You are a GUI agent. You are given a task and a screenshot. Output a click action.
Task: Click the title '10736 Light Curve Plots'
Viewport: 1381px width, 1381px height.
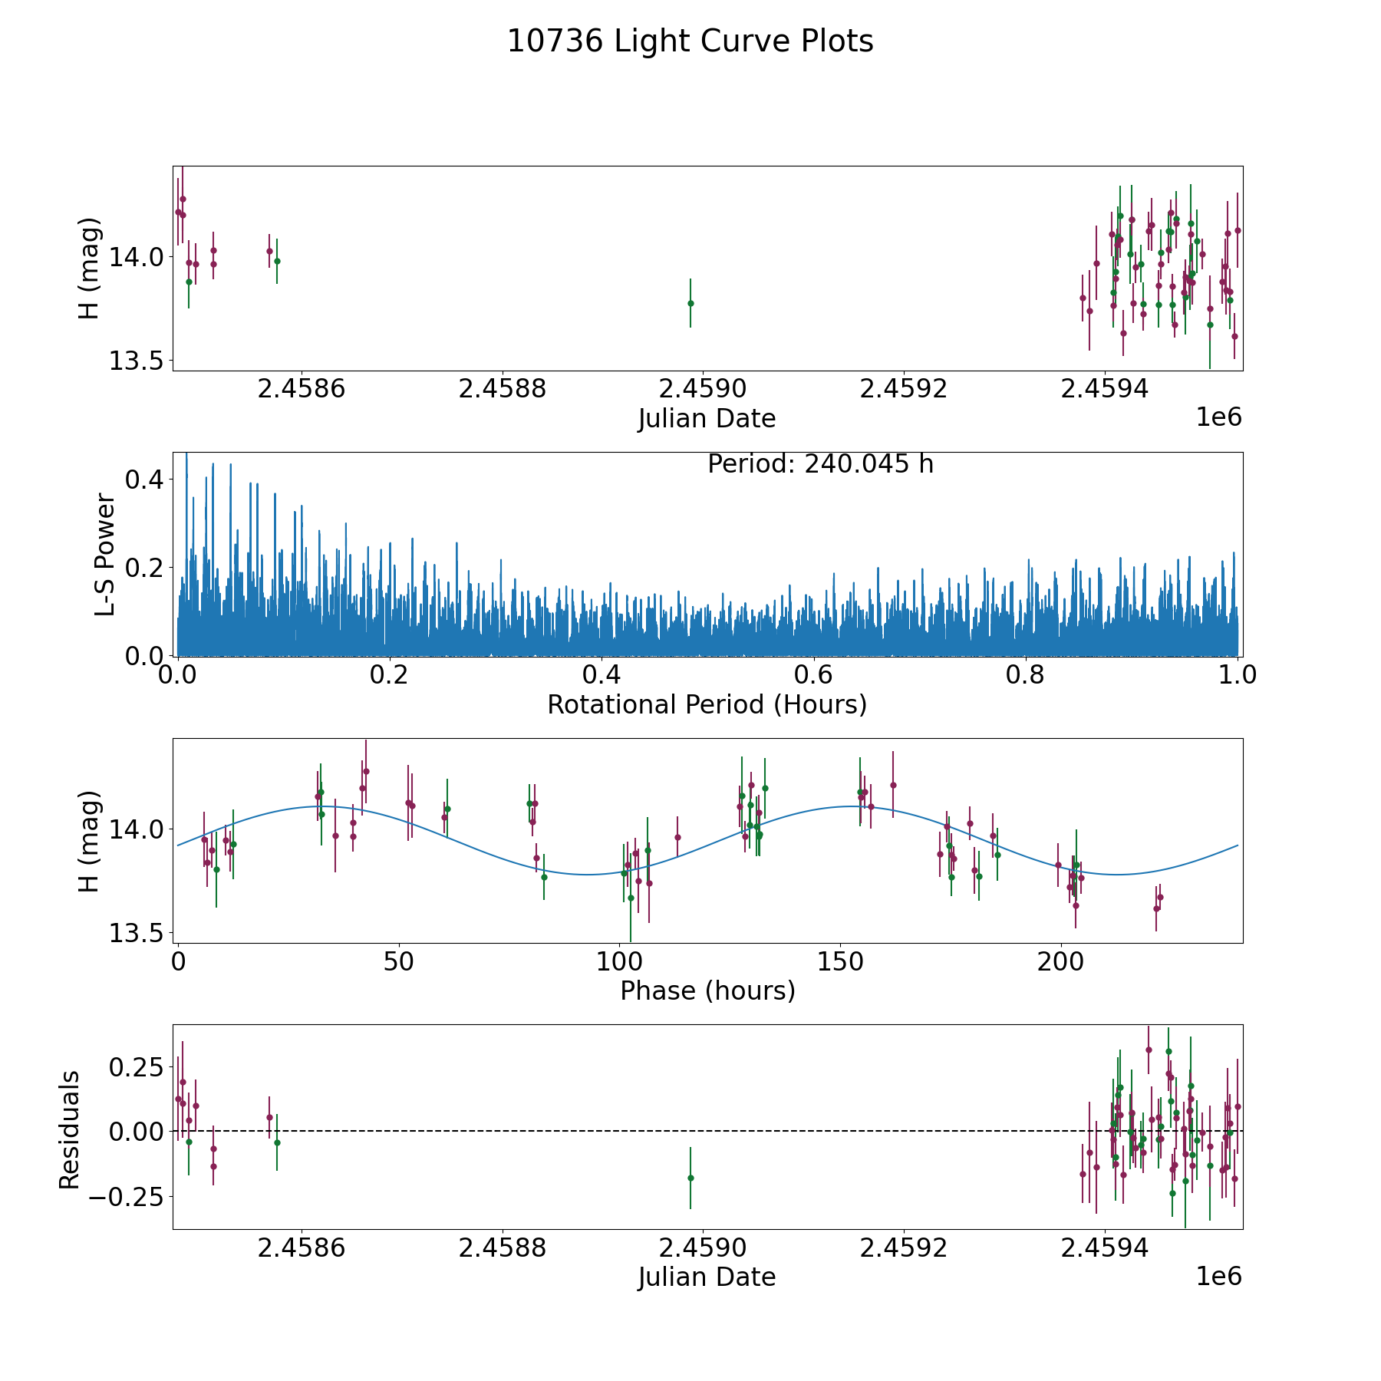click(690, 41)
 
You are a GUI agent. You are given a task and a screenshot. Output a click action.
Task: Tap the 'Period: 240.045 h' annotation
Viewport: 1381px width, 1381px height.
click(820, 465)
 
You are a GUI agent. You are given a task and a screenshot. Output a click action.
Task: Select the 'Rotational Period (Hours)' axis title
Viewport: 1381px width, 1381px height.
click(707, 705)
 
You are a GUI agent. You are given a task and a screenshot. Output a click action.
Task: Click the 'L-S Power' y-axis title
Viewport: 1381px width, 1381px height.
click(105, 554)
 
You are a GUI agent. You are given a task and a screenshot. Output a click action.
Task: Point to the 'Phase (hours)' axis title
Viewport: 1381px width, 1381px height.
click(707, 991)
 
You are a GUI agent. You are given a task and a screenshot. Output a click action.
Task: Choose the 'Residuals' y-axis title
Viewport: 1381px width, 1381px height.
click(70, 1130)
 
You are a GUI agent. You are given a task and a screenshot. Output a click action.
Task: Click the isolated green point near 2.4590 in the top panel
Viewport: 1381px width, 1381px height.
click(690, 303)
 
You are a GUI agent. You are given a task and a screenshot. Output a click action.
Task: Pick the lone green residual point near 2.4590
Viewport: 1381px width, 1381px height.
click(690, 1178)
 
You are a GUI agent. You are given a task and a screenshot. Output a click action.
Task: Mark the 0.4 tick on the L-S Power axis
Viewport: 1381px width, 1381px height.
click(143, 480)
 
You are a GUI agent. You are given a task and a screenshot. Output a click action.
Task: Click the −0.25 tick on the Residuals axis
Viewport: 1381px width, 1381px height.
click(131, 1196)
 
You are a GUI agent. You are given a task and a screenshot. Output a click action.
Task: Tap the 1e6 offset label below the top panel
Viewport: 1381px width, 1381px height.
click(1218, 418)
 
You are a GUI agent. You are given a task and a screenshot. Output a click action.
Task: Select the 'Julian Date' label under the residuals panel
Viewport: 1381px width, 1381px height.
click(707, 1277)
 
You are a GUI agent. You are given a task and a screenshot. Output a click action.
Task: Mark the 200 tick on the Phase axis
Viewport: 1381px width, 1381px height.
click(1061, 962)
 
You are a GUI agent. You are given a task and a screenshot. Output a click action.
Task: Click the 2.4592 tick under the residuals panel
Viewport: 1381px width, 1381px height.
click(904, 1249)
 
